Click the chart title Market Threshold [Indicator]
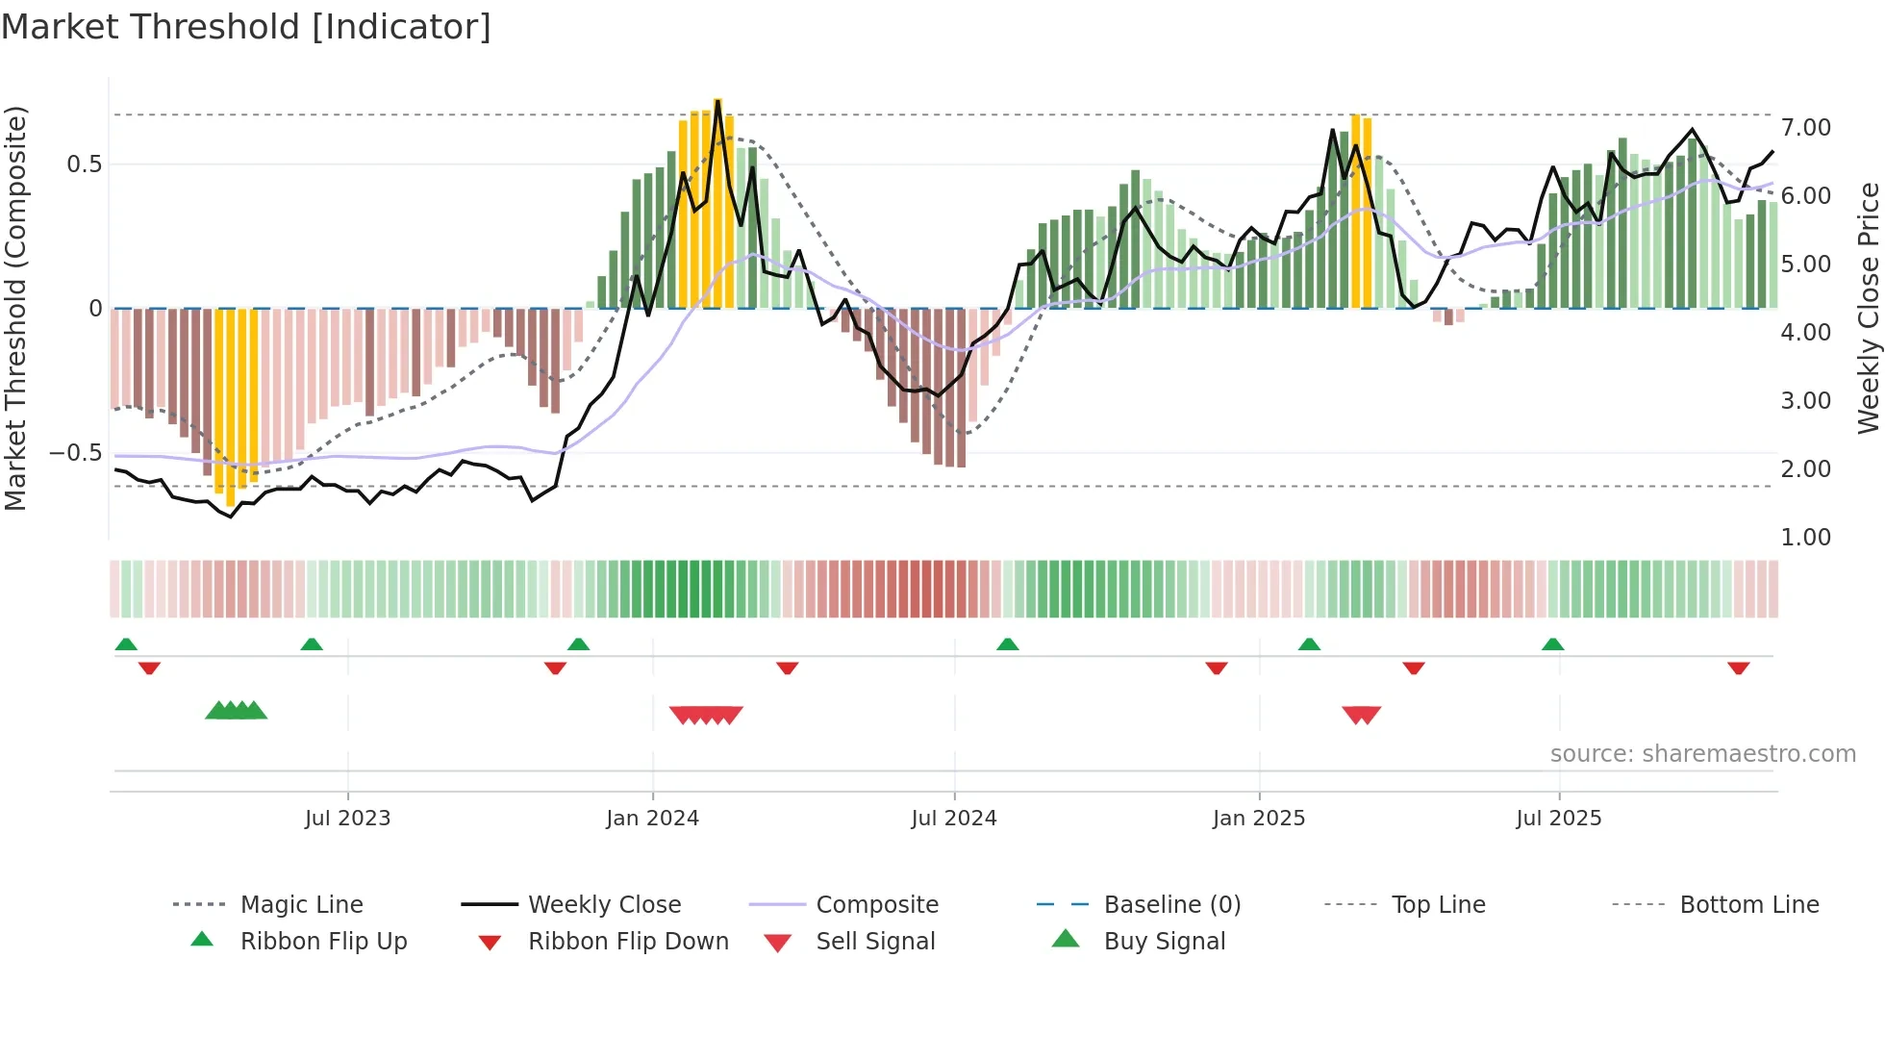coord(246,27)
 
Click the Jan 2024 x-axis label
coord(652,818)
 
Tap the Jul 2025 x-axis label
coord(1558,818)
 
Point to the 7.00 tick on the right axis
coord(1805,128)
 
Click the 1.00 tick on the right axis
coord(1805,537)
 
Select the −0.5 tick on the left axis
coord(75,452)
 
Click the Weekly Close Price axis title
coord(1868,308)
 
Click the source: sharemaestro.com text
coord(1702,753)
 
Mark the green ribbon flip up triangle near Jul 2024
coord(1007,644)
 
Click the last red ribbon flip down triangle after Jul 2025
coord(1738,668)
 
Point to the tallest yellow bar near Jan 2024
coord(717,202)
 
